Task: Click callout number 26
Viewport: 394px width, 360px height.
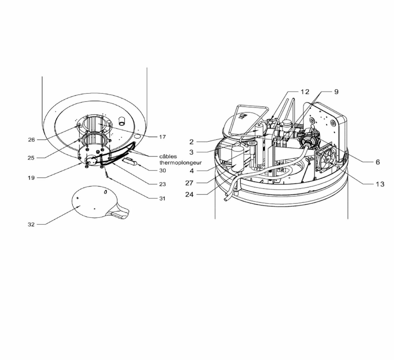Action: (31, 140)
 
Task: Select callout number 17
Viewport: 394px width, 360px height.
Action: (162, 137)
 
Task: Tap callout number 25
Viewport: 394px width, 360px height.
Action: (31, 158)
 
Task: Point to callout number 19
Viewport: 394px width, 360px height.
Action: (31, 178)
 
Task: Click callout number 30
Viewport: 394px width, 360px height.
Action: (163, 170)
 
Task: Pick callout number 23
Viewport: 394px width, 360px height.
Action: (162, 184)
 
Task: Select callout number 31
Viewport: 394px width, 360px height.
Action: (162, 199)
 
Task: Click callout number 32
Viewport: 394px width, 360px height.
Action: (31, 225)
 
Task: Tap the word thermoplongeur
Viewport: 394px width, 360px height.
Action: (181, 163)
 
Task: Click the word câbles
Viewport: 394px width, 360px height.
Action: (168, 156)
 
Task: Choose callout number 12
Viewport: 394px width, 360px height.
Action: (305, 92)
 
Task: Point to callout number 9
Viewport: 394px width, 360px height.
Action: (336, 92)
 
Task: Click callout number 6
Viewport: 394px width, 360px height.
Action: (378, 162)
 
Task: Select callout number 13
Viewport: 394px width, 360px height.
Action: (380, 184)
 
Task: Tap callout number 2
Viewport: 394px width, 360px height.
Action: (191, 142)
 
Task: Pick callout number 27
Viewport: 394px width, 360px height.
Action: (189, 183)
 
